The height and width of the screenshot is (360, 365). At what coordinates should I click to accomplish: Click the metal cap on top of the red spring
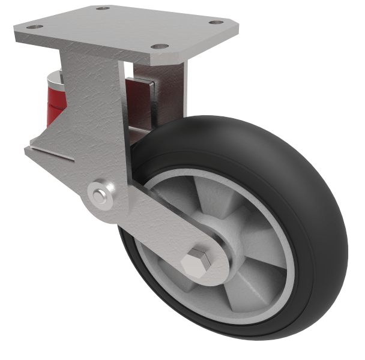coord(55,76)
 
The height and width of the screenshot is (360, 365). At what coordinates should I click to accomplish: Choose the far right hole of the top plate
coord(215,22)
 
